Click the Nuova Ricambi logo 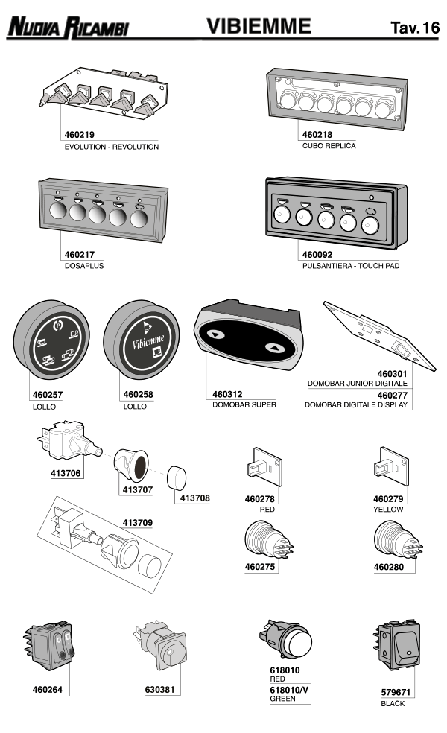click(x=69, y=28)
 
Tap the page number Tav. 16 click(x=414, y=28)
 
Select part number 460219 click(x=80, y=136)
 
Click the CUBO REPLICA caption click(x=329, y=146)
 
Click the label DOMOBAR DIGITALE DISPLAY click(x=356, y=405)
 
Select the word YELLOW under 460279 click(x=388, y=510)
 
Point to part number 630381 click(x=159, y=690)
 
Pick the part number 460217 click(x=80, y=255)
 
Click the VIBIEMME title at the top click(x=259, y=27)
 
